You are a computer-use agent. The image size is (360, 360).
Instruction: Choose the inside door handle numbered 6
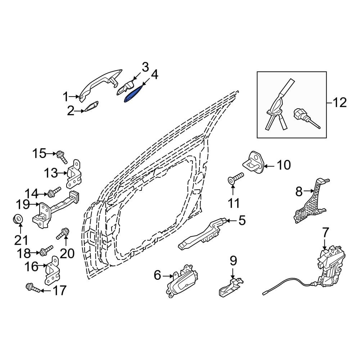pos(183,280)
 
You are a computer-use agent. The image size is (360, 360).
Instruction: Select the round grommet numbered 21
pos(18,219)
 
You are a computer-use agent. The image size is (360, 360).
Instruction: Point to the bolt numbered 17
pos(33,288)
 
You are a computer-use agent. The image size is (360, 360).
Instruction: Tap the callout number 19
pos(23,204)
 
